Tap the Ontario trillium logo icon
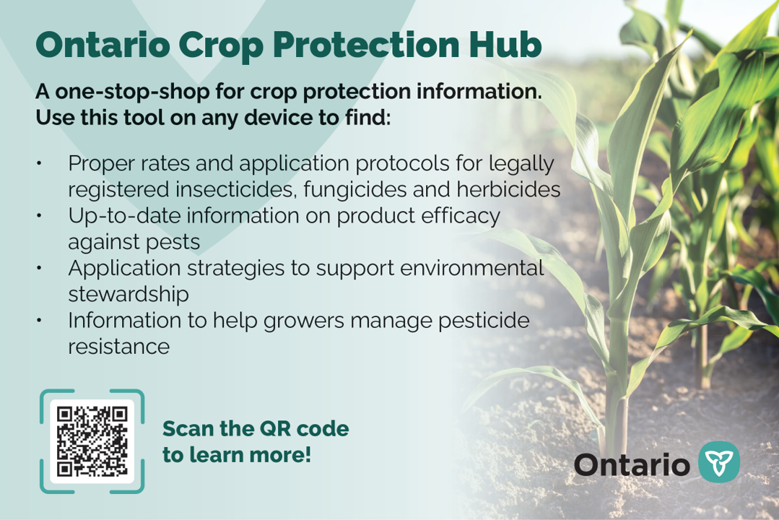click(720, 462)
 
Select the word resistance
click(118, 347)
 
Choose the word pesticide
click(477, 321)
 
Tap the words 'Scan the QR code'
click(255, 429)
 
